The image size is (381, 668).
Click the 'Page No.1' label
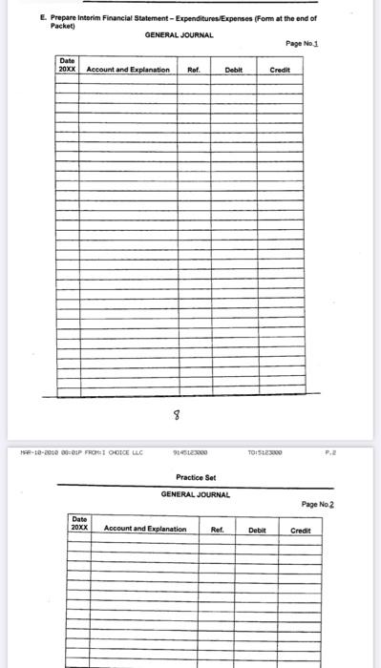[x=301, y=43]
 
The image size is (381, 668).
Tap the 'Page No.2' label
[x=318, y=504]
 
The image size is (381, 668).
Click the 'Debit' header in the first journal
[x=233, y=70]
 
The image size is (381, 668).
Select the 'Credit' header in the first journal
[x=280, y=70]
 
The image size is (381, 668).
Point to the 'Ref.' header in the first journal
[x=194, y=70]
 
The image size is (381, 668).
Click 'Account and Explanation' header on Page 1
[x=128, y=70]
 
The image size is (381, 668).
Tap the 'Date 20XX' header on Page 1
[x=67, y=66]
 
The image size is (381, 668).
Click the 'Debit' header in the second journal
[x=258, y=528]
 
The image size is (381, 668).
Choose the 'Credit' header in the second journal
[x=301, y=528]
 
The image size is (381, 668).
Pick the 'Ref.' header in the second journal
[x=217, y=528]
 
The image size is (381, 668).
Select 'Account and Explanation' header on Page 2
[x=145, y=528]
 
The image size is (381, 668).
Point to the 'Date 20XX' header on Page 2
[x=79, y=524]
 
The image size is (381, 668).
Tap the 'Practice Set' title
[x=196, y=477]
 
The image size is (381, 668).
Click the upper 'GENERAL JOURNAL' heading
[x=179, y=34]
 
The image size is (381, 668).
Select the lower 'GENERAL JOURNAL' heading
[x=194, y=494]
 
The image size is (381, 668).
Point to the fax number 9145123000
[x=191, y=452]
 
